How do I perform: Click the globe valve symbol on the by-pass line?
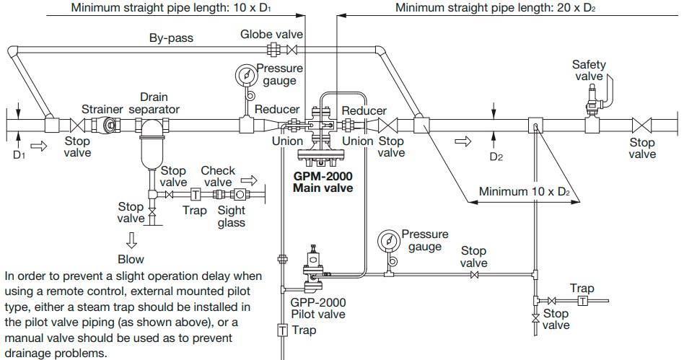pos(291,51)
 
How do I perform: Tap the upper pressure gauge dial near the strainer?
pos(247,75)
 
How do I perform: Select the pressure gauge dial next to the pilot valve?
pos(389,241)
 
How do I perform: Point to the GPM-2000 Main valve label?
pos(323,182)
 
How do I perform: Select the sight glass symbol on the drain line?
pos(240,195)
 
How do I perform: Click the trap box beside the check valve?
pos(195,195)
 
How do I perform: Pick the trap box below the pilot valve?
pos(283,330)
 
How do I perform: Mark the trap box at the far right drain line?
pos(582,300)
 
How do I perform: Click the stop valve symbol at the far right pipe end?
pos(642,126)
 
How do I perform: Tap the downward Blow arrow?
pos(131,240)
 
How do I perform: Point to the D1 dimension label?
pos(19,154)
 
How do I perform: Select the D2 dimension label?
pos(496,157)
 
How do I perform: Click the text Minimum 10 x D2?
pos(525,192)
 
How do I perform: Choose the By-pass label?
pos(171,38)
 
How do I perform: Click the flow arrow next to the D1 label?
pos(39,146)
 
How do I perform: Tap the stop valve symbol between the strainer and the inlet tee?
pos(78,126)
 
